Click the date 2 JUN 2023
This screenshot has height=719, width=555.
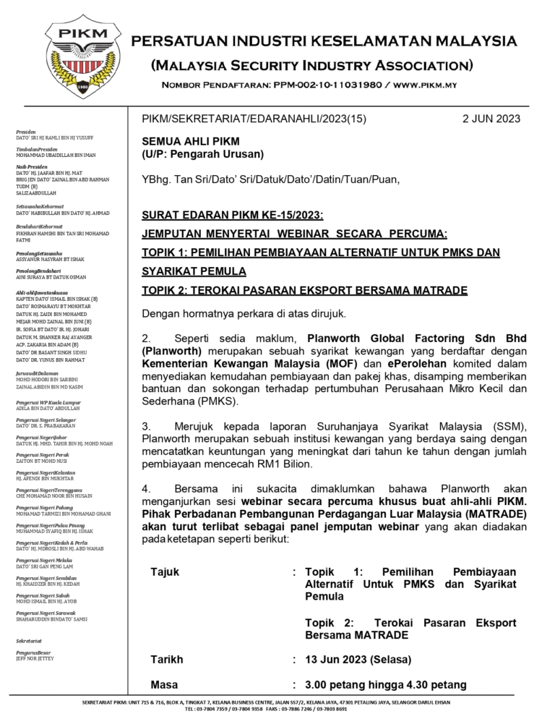[x=491, y=119]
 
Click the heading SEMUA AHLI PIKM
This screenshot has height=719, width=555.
[x=190, y=141]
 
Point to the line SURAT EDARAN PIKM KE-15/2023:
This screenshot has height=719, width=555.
[x=232, y=215]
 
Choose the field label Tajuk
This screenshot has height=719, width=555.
[x=165, y=572]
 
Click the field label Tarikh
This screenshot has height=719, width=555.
[x=166, y=660]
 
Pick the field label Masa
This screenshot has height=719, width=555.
[x=164, y=684]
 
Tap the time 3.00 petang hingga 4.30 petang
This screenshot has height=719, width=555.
[x=386, y=684]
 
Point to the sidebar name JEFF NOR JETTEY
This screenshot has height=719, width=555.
[x=37, y=659]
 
